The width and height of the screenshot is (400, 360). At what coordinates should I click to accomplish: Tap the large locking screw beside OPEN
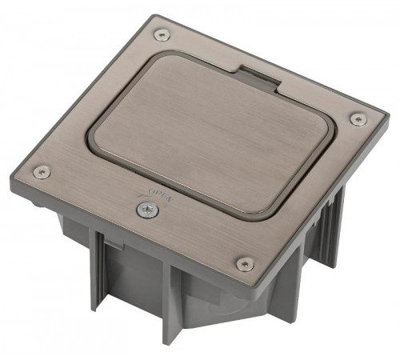(x=147, y=210)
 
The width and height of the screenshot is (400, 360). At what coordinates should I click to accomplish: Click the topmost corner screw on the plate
(x=162, y=35)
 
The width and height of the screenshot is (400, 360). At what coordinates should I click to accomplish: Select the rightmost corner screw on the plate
(x=358, y=118)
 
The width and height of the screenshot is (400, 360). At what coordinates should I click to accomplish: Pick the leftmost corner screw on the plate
(x=42, y=172)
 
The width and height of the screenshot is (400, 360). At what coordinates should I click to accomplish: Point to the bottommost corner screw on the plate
(x=245, y=264)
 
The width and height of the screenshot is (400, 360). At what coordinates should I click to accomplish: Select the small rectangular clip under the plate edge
(x=114, y=244)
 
